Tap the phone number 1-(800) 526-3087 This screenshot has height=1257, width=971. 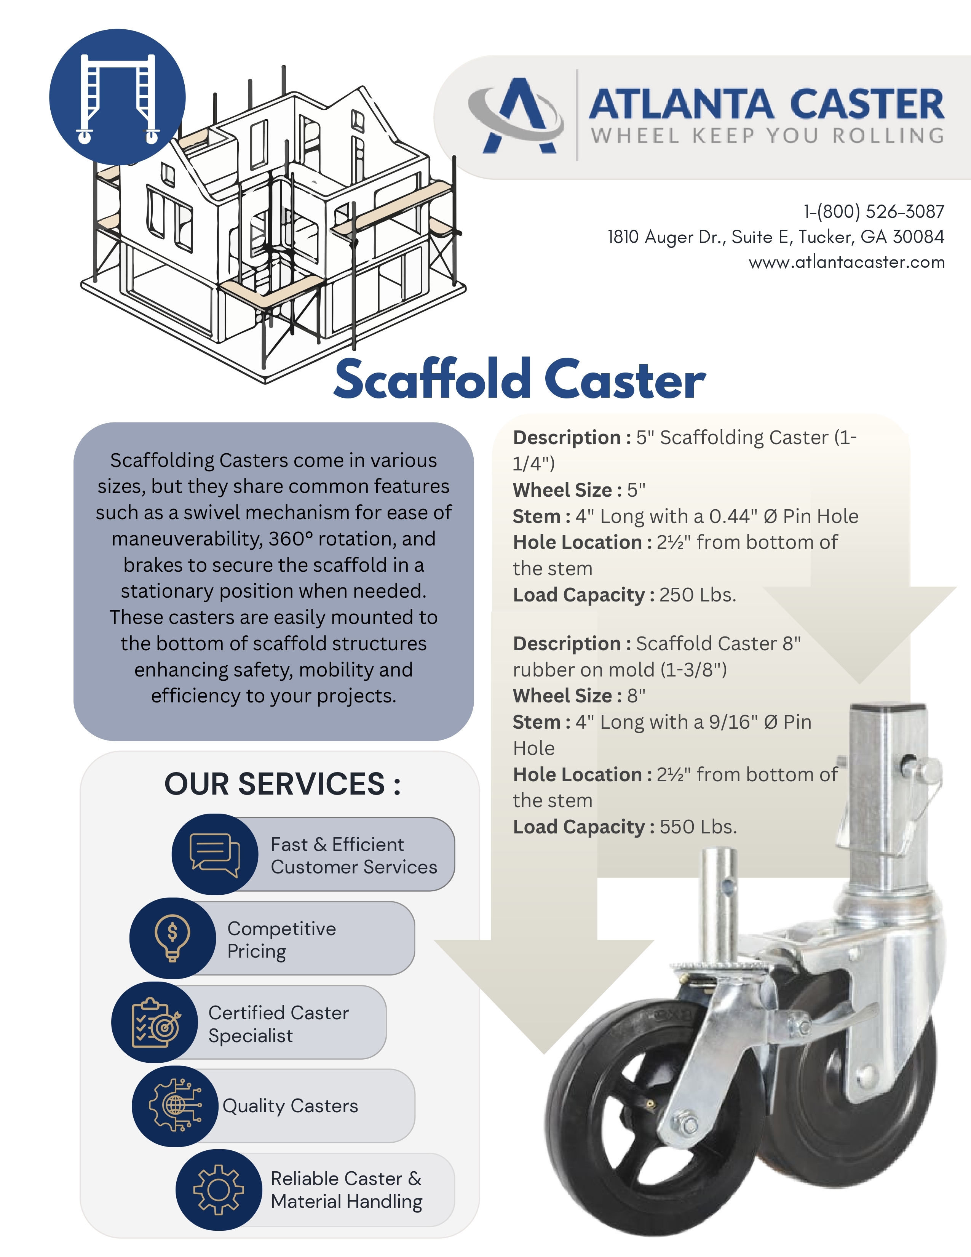874,212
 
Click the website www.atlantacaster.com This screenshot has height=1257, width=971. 846,262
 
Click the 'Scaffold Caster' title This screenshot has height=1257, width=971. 519,380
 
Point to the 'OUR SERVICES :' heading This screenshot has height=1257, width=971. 283,784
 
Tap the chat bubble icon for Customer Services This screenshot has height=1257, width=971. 214,854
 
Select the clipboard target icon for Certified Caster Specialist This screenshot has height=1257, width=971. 155,1022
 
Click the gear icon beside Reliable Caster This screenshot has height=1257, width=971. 218,1190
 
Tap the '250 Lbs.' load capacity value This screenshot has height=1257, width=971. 698,595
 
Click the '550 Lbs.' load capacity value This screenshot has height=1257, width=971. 698,827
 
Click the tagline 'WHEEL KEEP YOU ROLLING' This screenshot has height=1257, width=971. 767,136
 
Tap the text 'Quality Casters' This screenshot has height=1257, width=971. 290,1106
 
